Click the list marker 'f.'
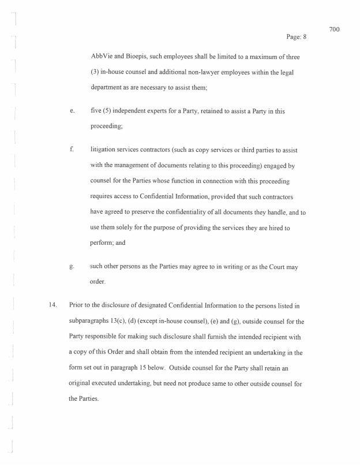[x=71, y=149]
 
